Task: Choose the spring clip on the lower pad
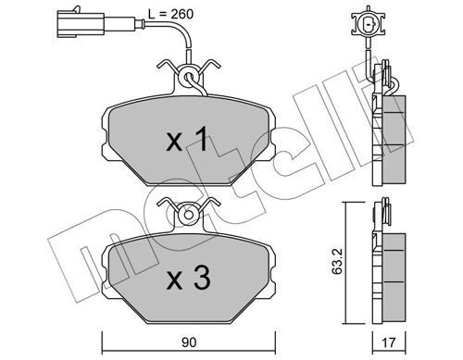[x=191, y=212]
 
